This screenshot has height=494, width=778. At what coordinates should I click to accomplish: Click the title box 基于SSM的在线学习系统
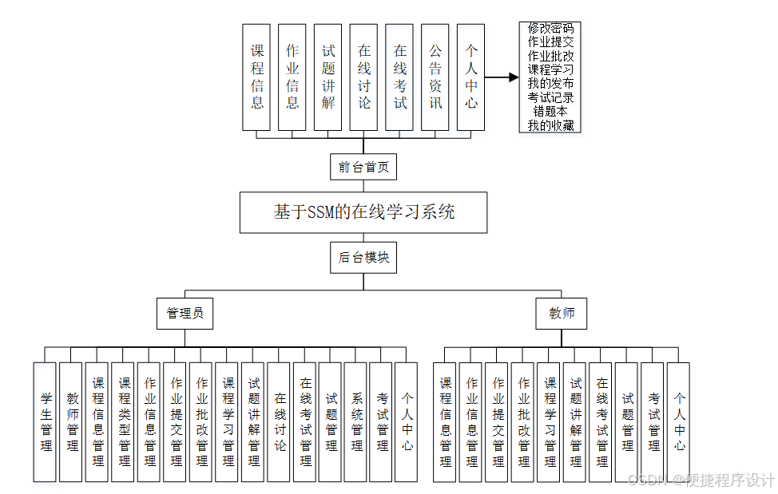click(x=363, y=211)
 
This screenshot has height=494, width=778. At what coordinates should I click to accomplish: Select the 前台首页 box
click(x=363, y=167)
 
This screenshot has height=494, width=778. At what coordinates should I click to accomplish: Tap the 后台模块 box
click(x=363, y=257)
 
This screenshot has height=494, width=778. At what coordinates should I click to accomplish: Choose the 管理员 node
click(x=185, y=314)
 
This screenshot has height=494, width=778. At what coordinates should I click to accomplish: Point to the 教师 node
click(x=561, y=314)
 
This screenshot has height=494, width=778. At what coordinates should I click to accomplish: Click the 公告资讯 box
click(x=435, y=77)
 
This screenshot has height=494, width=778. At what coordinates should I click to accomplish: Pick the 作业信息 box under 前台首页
click(x=292, y=77)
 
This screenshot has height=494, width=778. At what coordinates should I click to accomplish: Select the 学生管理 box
click(x=46, y=421)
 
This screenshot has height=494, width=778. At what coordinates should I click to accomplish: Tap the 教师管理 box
click(x=71, y=421)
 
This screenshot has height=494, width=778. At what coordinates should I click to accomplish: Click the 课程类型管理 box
click(x=123, y=421)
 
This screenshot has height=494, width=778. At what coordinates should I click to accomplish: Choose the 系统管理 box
click(x=356, y=421)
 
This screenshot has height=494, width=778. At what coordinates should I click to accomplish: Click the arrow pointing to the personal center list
click(x=502, y=77)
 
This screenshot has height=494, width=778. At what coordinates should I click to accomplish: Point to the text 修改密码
click(x=550, y=27)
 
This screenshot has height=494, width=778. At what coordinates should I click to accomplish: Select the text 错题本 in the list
click(x=550, y=111)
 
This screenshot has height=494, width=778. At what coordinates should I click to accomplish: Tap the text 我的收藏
click(x=550, y=125)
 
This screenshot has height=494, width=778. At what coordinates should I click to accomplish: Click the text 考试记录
click(x=550, y=97)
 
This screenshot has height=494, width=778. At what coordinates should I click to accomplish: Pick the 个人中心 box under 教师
click(x=679, y=421)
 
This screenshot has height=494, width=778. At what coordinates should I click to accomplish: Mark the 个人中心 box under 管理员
click(x=407, y=421)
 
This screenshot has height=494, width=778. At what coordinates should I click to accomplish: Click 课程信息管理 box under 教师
click(x=445, y=421)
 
